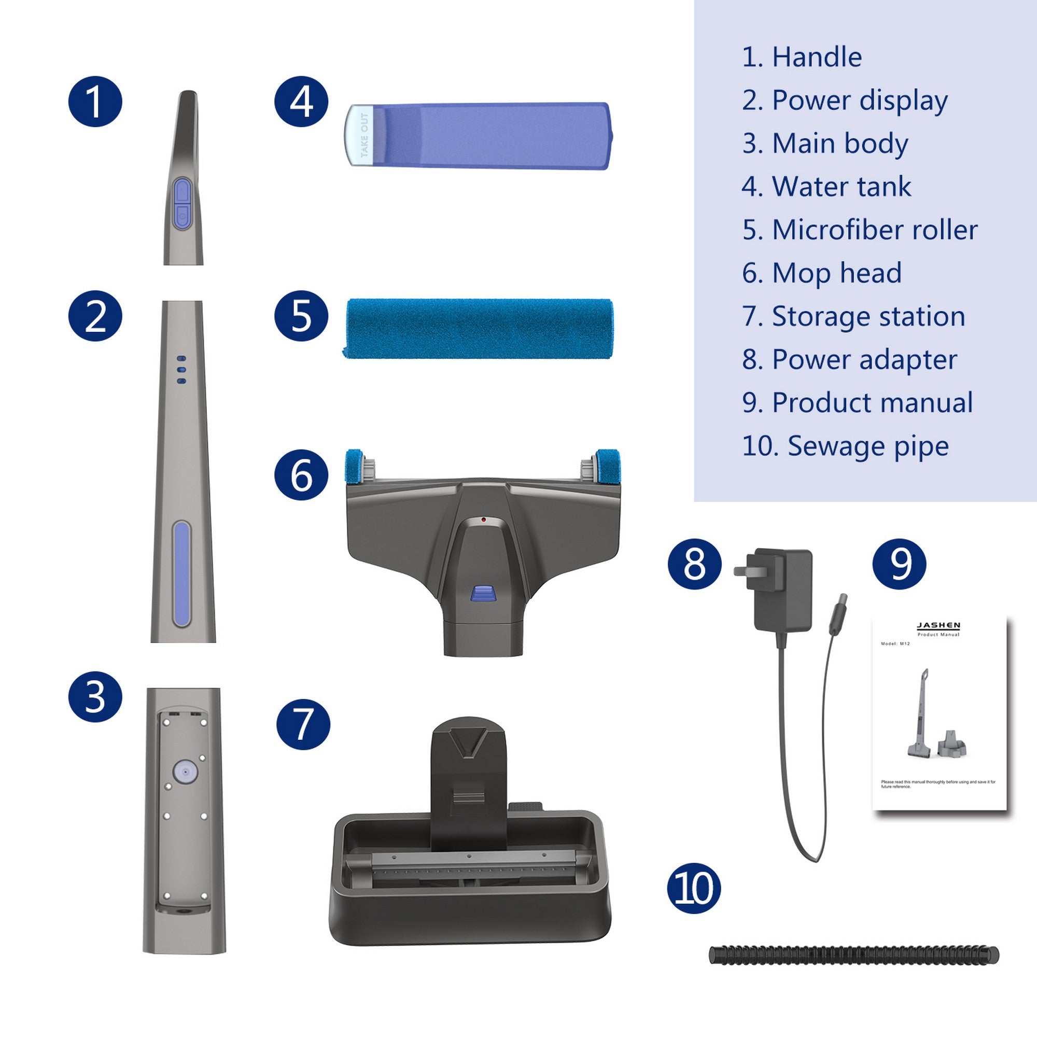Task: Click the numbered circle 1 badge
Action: click(95, 102)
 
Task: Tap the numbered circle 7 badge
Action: click(303, 724)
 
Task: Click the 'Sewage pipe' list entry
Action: click(845, 446)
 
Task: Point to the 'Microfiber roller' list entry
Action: click(859, 230)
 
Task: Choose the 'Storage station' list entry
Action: click(853, 316)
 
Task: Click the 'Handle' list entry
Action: click(802, 57)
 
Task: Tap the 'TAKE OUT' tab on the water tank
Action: click(363, 135)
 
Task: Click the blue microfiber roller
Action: click(478, 328)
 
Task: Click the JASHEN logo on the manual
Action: click(938, 626)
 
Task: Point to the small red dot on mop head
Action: click(484, 520)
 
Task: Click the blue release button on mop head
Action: click(483, 593)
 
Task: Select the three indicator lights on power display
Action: click(181, 370)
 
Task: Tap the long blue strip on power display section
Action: click(181, 574)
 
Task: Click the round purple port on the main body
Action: click(185, 772)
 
